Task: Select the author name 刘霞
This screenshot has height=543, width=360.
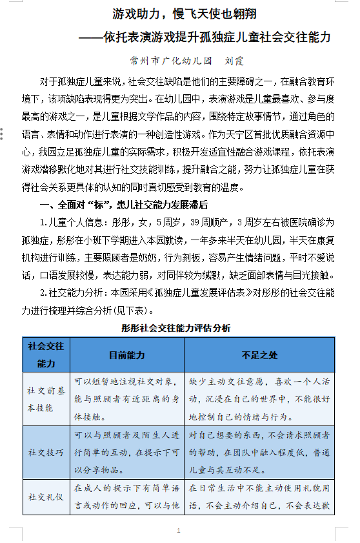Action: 234,61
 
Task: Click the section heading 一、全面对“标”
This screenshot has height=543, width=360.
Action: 123,205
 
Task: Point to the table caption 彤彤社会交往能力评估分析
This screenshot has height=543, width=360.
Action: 175,327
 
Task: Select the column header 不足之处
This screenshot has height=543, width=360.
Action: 259,355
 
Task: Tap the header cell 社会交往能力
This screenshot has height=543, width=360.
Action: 46,354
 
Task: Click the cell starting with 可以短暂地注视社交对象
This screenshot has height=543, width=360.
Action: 126,399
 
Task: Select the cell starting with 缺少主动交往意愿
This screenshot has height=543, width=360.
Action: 259,399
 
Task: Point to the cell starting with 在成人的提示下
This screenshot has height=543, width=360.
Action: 126,497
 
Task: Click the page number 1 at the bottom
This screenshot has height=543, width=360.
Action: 179,531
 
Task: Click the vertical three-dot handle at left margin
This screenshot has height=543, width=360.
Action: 3,134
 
